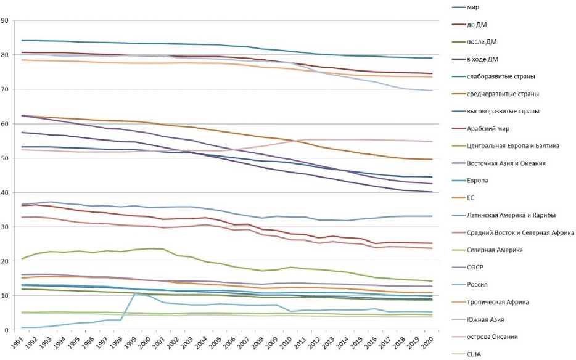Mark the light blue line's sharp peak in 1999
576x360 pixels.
pos(134,293)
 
